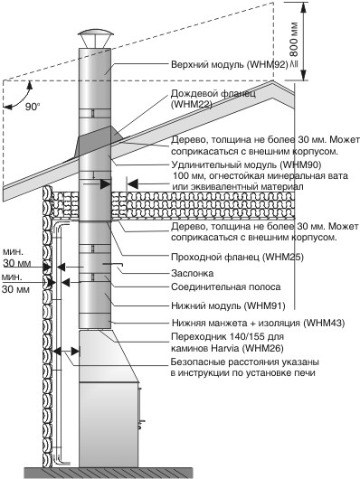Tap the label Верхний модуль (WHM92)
pos(230,65)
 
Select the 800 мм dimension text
pos(294,39)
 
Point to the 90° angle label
pos(33,107)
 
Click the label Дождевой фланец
pos(213,93)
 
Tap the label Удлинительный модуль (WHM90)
pos(246,164)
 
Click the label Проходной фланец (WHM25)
pos(237,257)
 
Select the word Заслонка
pos(193,273)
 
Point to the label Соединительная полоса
pos(226,287)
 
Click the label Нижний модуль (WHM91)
pos(228,305)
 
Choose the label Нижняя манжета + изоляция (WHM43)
pos(258,323)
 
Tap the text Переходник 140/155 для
pos(227,336)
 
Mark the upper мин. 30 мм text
pos(17,258)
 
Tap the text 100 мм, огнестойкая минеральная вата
pos(261,176)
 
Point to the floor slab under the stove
pos(109,473)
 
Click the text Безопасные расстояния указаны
pos(245,362)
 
